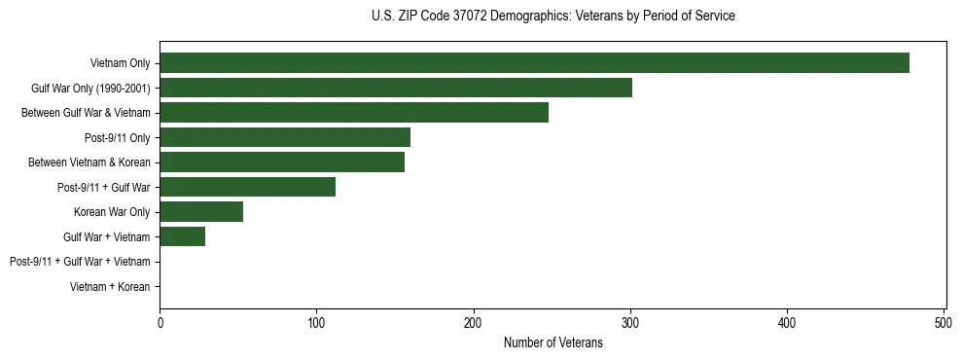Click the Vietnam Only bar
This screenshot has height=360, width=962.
pyautogui.click(x=534, y=63)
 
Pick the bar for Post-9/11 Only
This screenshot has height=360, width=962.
pyautogui.click(x=285, y=137)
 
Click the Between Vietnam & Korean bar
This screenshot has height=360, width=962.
pyautogui.click(x=282, y=162)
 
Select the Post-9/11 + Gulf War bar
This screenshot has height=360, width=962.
pyautogui.click(x=247, y=187)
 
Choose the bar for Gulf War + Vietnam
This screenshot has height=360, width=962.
pyautogui.click(x=182, y=236)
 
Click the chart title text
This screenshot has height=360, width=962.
pyautogui.click(x=553, y=17)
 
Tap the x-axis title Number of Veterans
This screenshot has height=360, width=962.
pyautogui.click(x=553, y=343)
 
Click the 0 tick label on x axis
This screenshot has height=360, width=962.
pyautogui.click(x=160, y=323)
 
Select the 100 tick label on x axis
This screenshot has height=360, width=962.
pyautogui.click(x=316, y=323)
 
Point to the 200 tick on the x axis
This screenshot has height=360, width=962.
pyautogui.click(x=474, y=323)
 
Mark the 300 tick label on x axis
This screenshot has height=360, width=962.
pyautogui.click(x=630, y=323)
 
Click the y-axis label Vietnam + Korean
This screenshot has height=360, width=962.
pyautogui.click(x=110, y=287)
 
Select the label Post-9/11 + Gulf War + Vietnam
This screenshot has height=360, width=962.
pyautogui.click(x=80, y=262)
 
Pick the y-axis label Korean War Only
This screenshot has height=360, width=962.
pyautogui.click(x=112, y=212)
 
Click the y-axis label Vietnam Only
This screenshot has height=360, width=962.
pyautogui.click(x=120, y=63)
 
